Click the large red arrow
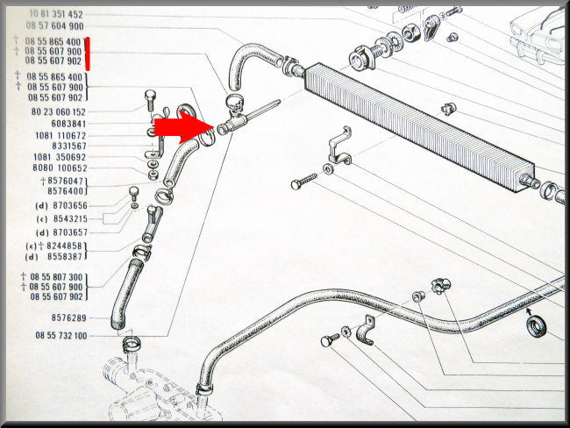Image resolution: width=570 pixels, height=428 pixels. [182, 128]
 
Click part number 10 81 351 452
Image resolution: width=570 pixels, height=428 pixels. [56, 14]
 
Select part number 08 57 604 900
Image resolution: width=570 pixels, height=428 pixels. [55, 25]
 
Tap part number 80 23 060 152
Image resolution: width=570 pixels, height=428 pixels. [59, 112]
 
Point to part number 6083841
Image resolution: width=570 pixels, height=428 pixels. [68, 124]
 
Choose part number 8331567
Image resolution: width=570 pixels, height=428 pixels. [69, 146]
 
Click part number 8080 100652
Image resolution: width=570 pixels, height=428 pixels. [60, 168]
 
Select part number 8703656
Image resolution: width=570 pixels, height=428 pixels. [70, 206]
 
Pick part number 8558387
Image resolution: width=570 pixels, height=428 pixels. [65, 257]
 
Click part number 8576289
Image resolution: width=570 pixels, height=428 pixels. [69, 318]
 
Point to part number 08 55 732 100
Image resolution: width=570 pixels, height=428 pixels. [61, 336]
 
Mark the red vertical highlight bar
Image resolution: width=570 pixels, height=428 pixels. [87, 53]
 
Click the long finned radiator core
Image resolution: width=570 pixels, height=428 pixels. [419, 127]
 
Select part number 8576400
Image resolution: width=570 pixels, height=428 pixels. [66, 191]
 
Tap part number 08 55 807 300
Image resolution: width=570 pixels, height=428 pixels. [56, 277]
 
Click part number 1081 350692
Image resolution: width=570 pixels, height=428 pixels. [60, 158]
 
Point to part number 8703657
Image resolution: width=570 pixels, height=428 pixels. [70, 232]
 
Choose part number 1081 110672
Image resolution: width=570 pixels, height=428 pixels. [61, 136]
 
